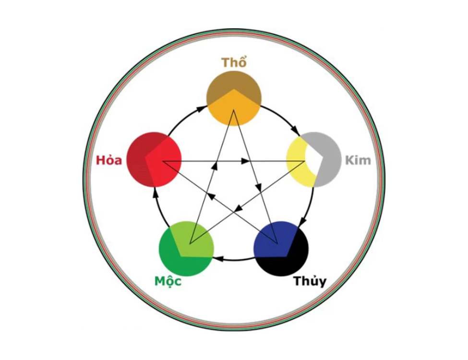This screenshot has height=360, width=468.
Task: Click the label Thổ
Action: click(234, 63)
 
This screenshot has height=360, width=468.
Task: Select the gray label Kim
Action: click(358, 160)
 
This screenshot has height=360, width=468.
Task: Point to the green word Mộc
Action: click(168, 281)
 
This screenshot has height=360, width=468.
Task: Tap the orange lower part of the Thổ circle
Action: click(234, 110)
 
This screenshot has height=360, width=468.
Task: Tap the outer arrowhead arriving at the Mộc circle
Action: click(216, 260)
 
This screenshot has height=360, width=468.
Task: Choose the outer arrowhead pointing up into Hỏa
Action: click(155, 192)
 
